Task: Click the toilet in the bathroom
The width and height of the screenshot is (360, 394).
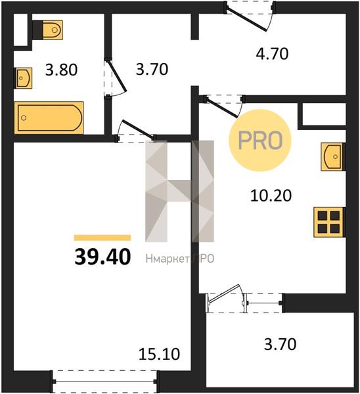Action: click(x=47, y=30)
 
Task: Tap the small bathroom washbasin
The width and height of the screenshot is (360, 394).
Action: click(x=23, y=78)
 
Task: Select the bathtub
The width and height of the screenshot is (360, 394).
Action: click(x=49, y=118)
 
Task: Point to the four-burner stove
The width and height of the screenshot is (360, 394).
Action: click(x=328, y=222)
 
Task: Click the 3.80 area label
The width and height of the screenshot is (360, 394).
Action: click(x=61, y=70)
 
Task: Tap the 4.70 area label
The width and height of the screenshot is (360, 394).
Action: click(x=272, y=54)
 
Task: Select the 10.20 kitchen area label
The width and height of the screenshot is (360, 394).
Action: click(x=271, y=196)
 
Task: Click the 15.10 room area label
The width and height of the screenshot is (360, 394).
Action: click(x=159, y=354)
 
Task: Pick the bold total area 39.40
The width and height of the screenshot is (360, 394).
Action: click(x=102, y=257)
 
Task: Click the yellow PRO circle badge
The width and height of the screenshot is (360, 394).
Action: click(x=260, y=141)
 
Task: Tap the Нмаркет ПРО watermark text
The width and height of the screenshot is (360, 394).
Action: click(x=180, y=259)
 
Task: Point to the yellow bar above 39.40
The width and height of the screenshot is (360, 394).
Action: click(x=102, y=238)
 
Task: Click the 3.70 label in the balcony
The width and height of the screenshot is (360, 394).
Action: click(x=280, y=344)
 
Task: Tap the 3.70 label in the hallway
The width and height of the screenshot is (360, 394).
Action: click(x=152, y=70)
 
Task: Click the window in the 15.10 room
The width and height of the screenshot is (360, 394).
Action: click(x=104, y=382)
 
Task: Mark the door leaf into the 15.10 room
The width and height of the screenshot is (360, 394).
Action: click(x=137, y=129)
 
